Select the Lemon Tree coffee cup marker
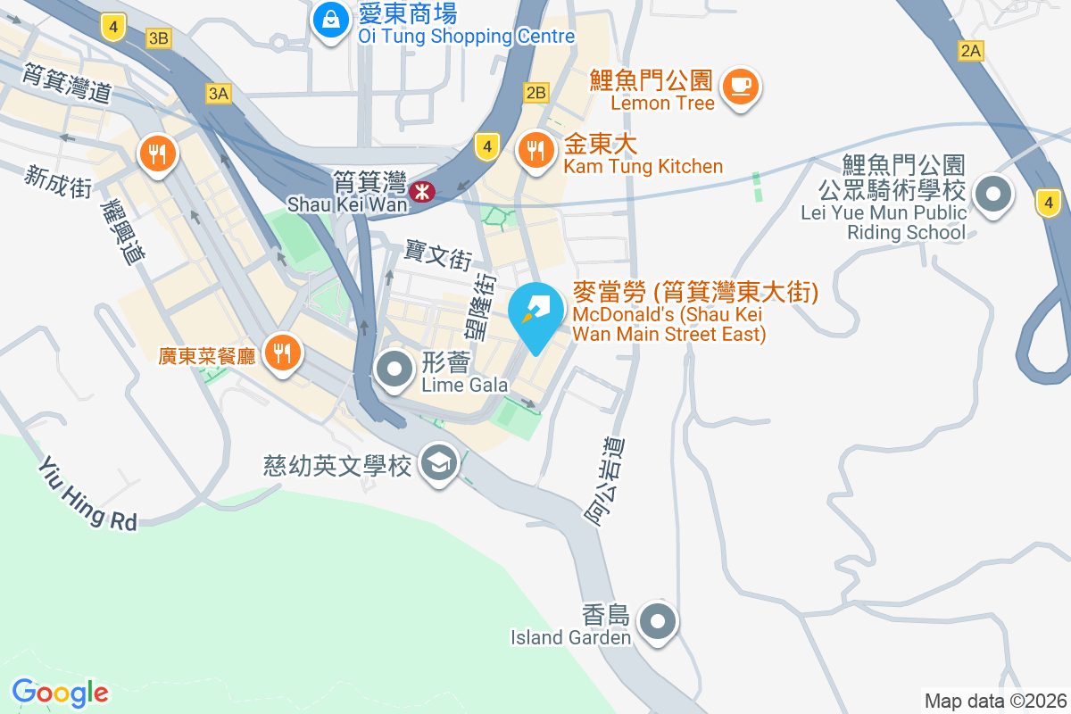click(740, 87)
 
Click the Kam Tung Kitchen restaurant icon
click(535, 149)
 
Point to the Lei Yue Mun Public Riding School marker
click(992, 195)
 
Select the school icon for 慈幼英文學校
click(438, 463)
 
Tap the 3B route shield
click(159, 37)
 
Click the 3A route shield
click(218, 93)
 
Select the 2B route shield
click(535, 92)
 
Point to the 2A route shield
click(970, 51)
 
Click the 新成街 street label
click(59, 182)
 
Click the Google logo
click(60, 692)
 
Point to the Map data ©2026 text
click(994, 701)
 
